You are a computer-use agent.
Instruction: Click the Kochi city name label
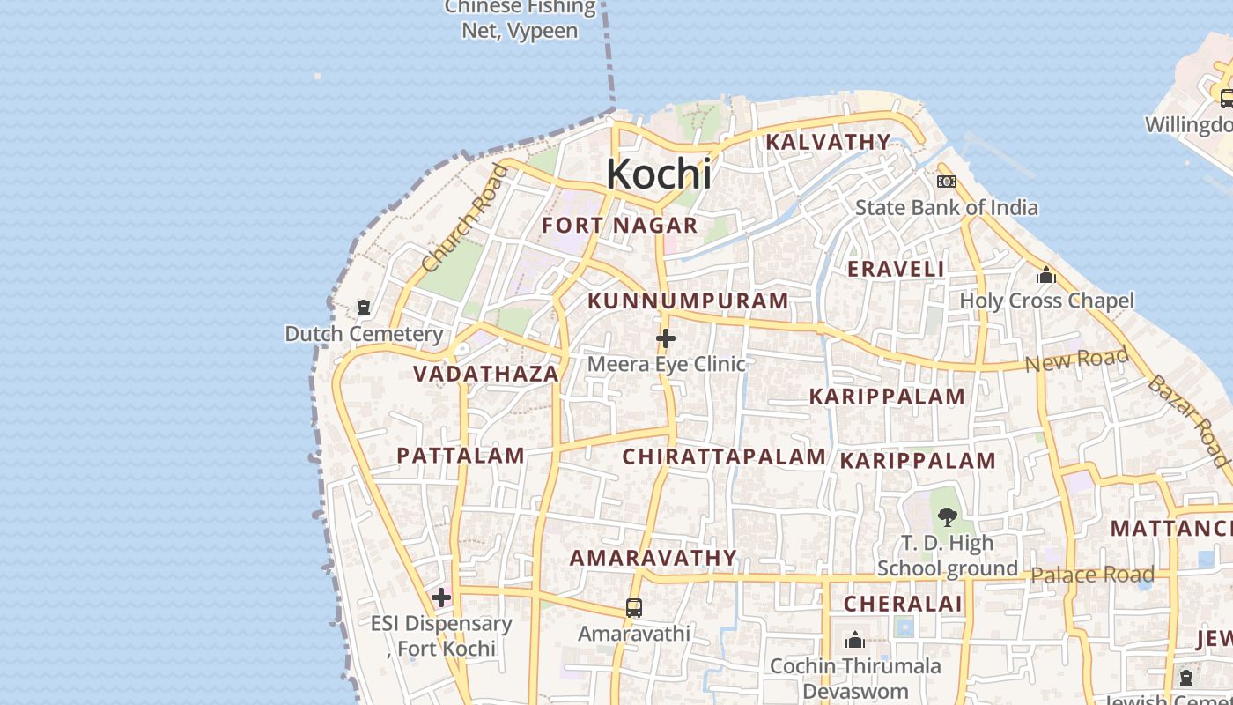[659, 174]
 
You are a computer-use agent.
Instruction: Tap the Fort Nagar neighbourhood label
[619, 226]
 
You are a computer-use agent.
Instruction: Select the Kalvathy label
[828, 142]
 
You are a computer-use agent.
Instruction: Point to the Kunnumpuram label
[688, 301]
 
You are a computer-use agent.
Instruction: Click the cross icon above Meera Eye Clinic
[666, 338]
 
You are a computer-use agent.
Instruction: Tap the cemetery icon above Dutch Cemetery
[363, 308]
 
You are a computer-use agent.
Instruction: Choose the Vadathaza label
[486, 374]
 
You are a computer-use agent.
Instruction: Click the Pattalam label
[461, 456]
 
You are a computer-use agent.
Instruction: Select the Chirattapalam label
[724, 456]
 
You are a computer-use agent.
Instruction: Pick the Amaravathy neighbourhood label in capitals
[653, 558]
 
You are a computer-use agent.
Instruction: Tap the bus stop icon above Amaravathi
[634, 608]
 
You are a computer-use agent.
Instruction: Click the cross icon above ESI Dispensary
[441, 598]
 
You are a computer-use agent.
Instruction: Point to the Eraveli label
[896, 270]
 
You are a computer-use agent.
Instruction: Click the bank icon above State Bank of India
[947, 182]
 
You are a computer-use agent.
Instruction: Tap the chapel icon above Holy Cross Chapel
[1046, 275]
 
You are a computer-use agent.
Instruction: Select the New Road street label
[1076, 360]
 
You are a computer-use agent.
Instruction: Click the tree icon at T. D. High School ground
[948, 517]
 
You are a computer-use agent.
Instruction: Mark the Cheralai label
[903, 605]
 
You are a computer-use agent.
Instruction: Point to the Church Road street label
[464, 219]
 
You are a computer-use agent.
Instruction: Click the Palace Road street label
[1092, 575]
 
